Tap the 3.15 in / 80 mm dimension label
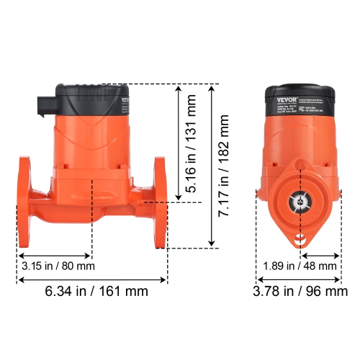[58, 266]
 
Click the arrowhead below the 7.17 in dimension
[212, 244]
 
